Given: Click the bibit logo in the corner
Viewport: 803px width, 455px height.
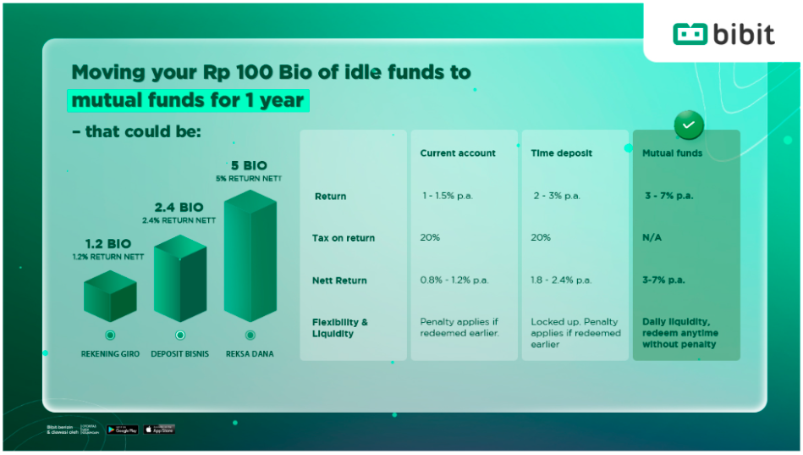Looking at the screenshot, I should tap(723, 34).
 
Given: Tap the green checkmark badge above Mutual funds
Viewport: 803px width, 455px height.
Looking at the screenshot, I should tap(688, 125).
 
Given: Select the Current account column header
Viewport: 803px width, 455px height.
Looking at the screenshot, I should tap(458, 153).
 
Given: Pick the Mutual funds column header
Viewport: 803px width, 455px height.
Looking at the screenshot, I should tap(673, 153).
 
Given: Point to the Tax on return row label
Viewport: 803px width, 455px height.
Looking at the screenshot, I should tap(344, 238).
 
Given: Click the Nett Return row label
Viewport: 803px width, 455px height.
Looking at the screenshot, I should tap(339, 280).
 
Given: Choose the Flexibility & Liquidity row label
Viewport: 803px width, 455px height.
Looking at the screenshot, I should tap(340, 328).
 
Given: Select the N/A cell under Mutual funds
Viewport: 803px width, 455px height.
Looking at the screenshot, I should tap(652, 238).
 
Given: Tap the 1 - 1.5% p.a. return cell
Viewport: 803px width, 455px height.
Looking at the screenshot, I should tap(446, 196).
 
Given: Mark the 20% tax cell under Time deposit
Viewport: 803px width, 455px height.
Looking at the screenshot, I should tap(541, 238).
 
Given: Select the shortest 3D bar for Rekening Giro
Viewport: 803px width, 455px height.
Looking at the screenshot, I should tap(110, 296).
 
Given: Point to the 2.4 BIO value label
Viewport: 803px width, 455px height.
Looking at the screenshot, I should tap(179, 207).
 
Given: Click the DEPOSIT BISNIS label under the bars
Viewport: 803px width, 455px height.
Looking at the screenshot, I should tap(179, 353).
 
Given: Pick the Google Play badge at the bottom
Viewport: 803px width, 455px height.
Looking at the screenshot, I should tap(123, 430).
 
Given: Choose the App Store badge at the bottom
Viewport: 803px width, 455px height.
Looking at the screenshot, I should tap(159, 430).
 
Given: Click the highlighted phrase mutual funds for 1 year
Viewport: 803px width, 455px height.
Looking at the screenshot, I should tap(187, 100).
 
